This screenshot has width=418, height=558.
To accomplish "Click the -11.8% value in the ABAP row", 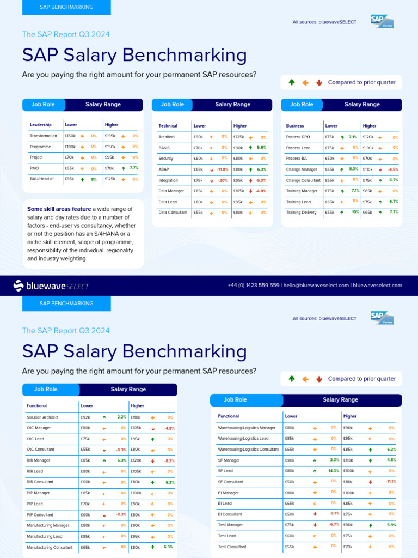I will tap(222, 169).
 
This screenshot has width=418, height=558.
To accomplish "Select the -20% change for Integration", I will tap(223, 180).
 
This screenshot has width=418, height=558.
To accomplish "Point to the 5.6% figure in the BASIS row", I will tap(261, 148).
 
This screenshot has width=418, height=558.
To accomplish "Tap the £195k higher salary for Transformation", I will tap(110, 136).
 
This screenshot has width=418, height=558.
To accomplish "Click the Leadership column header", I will tap(40, 125).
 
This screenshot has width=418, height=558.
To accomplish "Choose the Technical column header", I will tap(168, 126).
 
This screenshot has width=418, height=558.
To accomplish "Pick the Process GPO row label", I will tap(298, 137).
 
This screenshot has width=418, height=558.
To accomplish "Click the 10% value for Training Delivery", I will tap(355, 212).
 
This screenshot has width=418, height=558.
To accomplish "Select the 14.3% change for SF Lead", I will tap(332, 471).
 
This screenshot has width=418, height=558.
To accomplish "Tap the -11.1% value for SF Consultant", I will tap(390, 482).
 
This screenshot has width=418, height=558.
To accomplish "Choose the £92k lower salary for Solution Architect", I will tap(85, 417).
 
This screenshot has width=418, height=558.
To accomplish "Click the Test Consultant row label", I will tap(232, 547).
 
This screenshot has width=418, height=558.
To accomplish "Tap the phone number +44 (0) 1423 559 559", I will tap(254, 285).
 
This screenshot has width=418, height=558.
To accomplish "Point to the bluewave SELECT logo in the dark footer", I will tap(51, 286).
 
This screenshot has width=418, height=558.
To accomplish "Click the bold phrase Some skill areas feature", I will tap(59, 209).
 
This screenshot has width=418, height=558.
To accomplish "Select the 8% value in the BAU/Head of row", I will tap(93, 179).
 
